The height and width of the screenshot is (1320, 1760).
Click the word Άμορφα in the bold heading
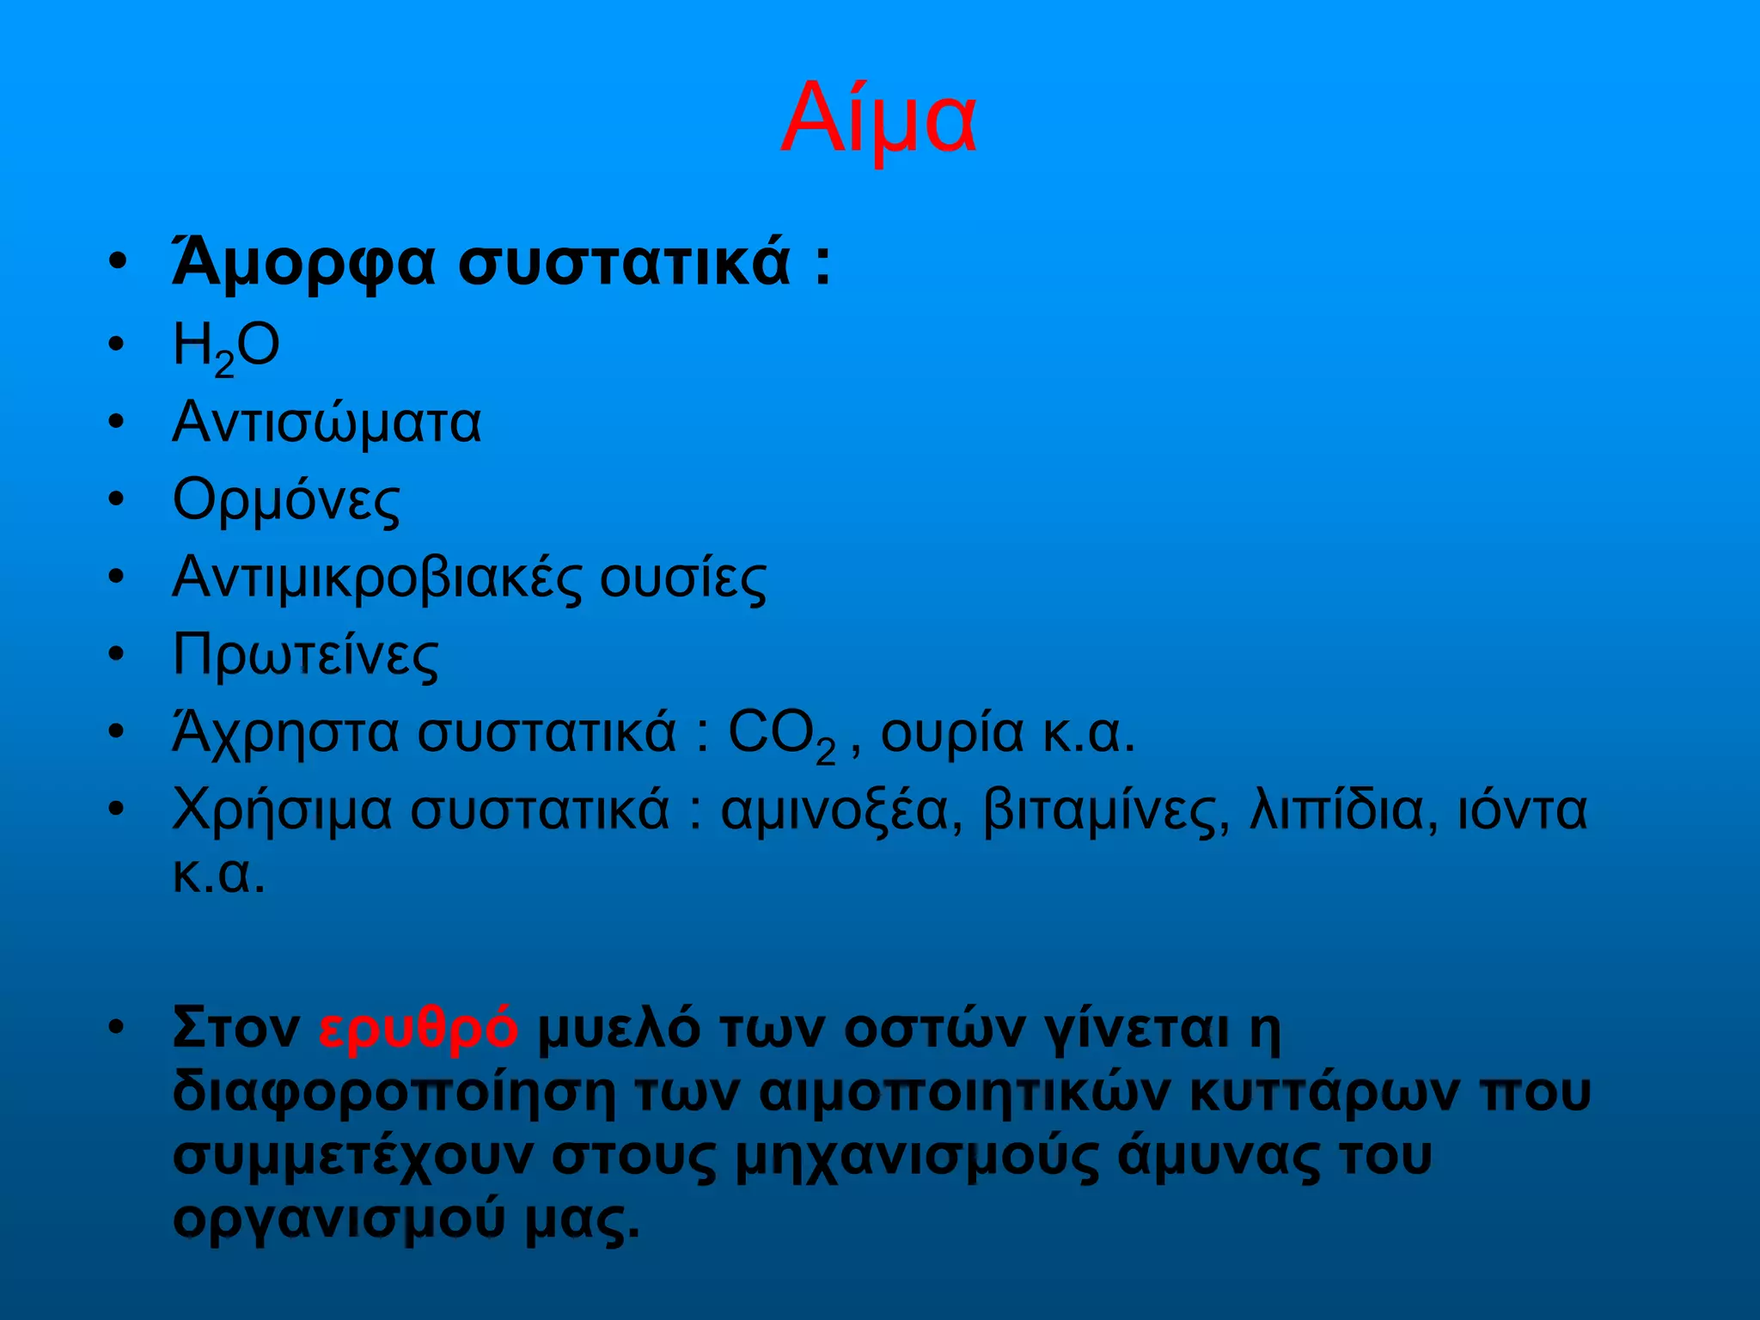click(x=304, y=263)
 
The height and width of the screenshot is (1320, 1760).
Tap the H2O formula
click(x=226, y=347)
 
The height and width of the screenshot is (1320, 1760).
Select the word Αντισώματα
click(x=327, y=423)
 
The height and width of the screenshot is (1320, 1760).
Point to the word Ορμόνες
click(x=286, y=500)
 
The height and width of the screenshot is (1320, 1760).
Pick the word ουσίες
click(x=682, y=577)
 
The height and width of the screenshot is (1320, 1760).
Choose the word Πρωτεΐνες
click(x=305, y=655)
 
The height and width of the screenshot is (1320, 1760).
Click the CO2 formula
click(x=781, y=735)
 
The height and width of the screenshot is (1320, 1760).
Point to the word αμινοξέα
click(x=841, y=810)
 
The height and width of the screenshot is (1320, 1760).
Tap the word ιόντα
click(x=1522, y=810)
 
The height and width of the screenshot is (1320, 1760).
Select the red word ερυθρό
click(x=418, y=1027)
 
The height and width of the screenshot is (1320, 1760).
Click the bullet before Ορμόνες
click(x=117, y=498)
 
